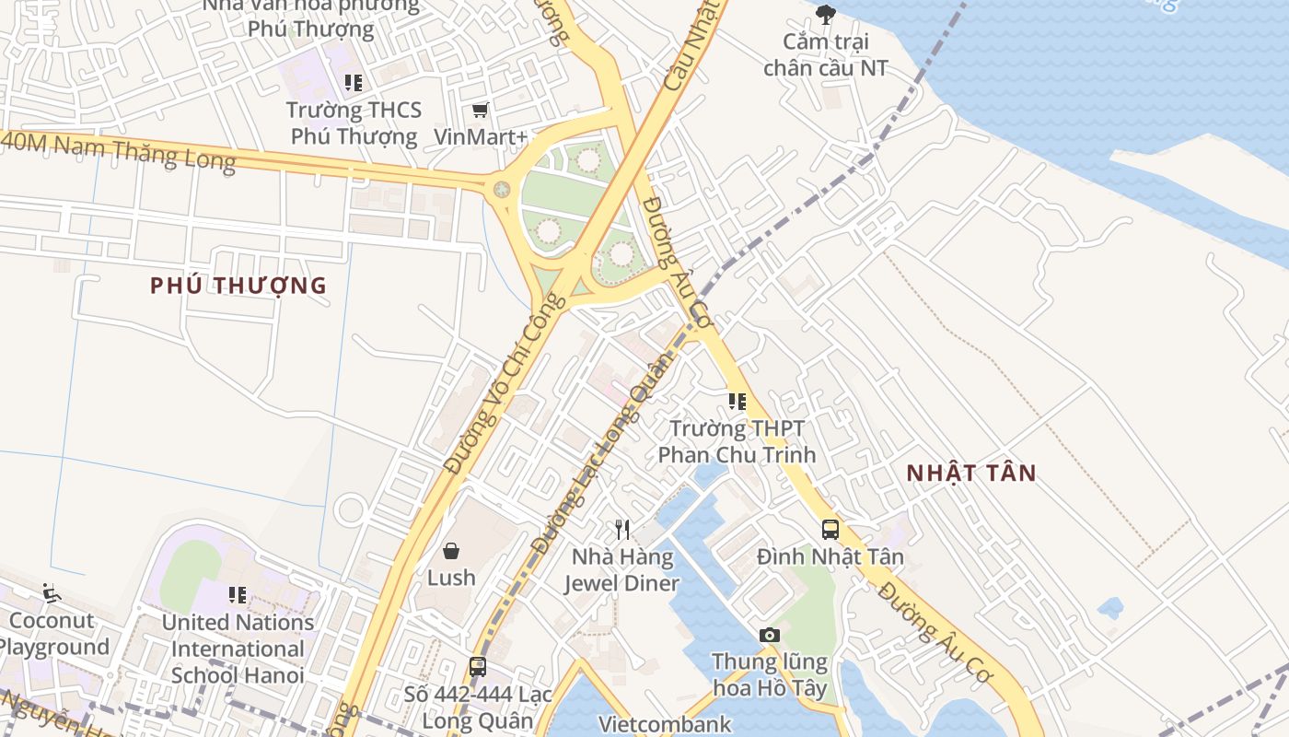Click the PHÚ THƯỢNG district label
[x=238, y=286]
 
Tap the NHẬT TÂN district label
[x=971, y=474]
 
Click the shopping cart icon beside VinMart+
[x=480, y=111]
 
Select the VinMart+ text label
[x=481, y=137]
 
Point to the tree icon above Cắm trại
[x=826, y=15]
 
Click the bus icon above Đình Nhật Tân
[x=830, y=529]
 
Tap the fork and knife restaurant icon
[x=622, y=529]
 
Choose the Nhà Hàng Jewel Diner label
[x=621, y=570]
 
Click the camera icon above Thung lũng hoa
[x=770, y=635]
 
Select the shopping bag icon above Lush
[x=451, y=551]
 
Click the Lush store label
[x=451, y=578]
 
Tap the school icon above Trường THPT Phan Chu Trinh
[x=737, y=401]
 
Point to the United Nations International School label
[x=238, y=649]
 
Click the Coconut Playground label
[x=53, y=634]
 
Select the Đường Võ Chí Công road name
[x=503, y=385]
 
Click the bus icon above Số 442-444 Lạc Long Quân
[x=477, y=667]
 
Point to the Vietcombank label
[x=665, y=724]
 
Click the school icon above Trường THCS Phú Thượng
[x=353, y=83]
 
